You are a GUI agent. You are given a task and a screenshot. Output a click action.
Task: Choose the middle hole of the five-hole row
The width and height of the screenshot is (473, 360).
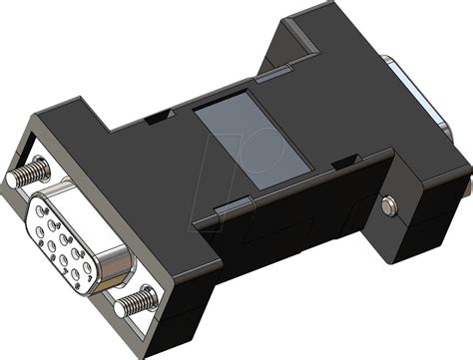tap(68, 240)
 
